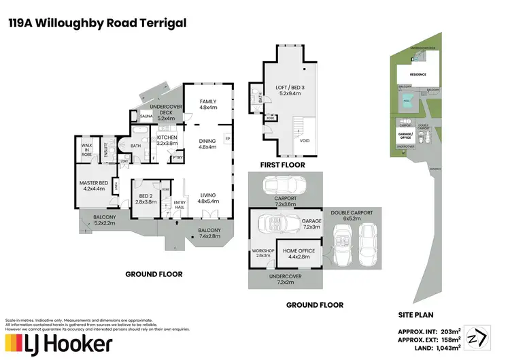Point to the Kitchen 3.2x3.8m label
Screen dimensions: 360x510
tap(167, 140)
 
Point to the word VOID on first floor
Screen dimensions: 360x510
tap(305, 141)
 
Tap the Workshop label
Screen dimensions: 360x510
tap(262, 252)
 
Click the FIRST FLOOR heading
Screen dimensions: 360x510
tap(282, 165)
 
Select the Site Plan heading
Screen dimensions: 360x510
tap(415, 316)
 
